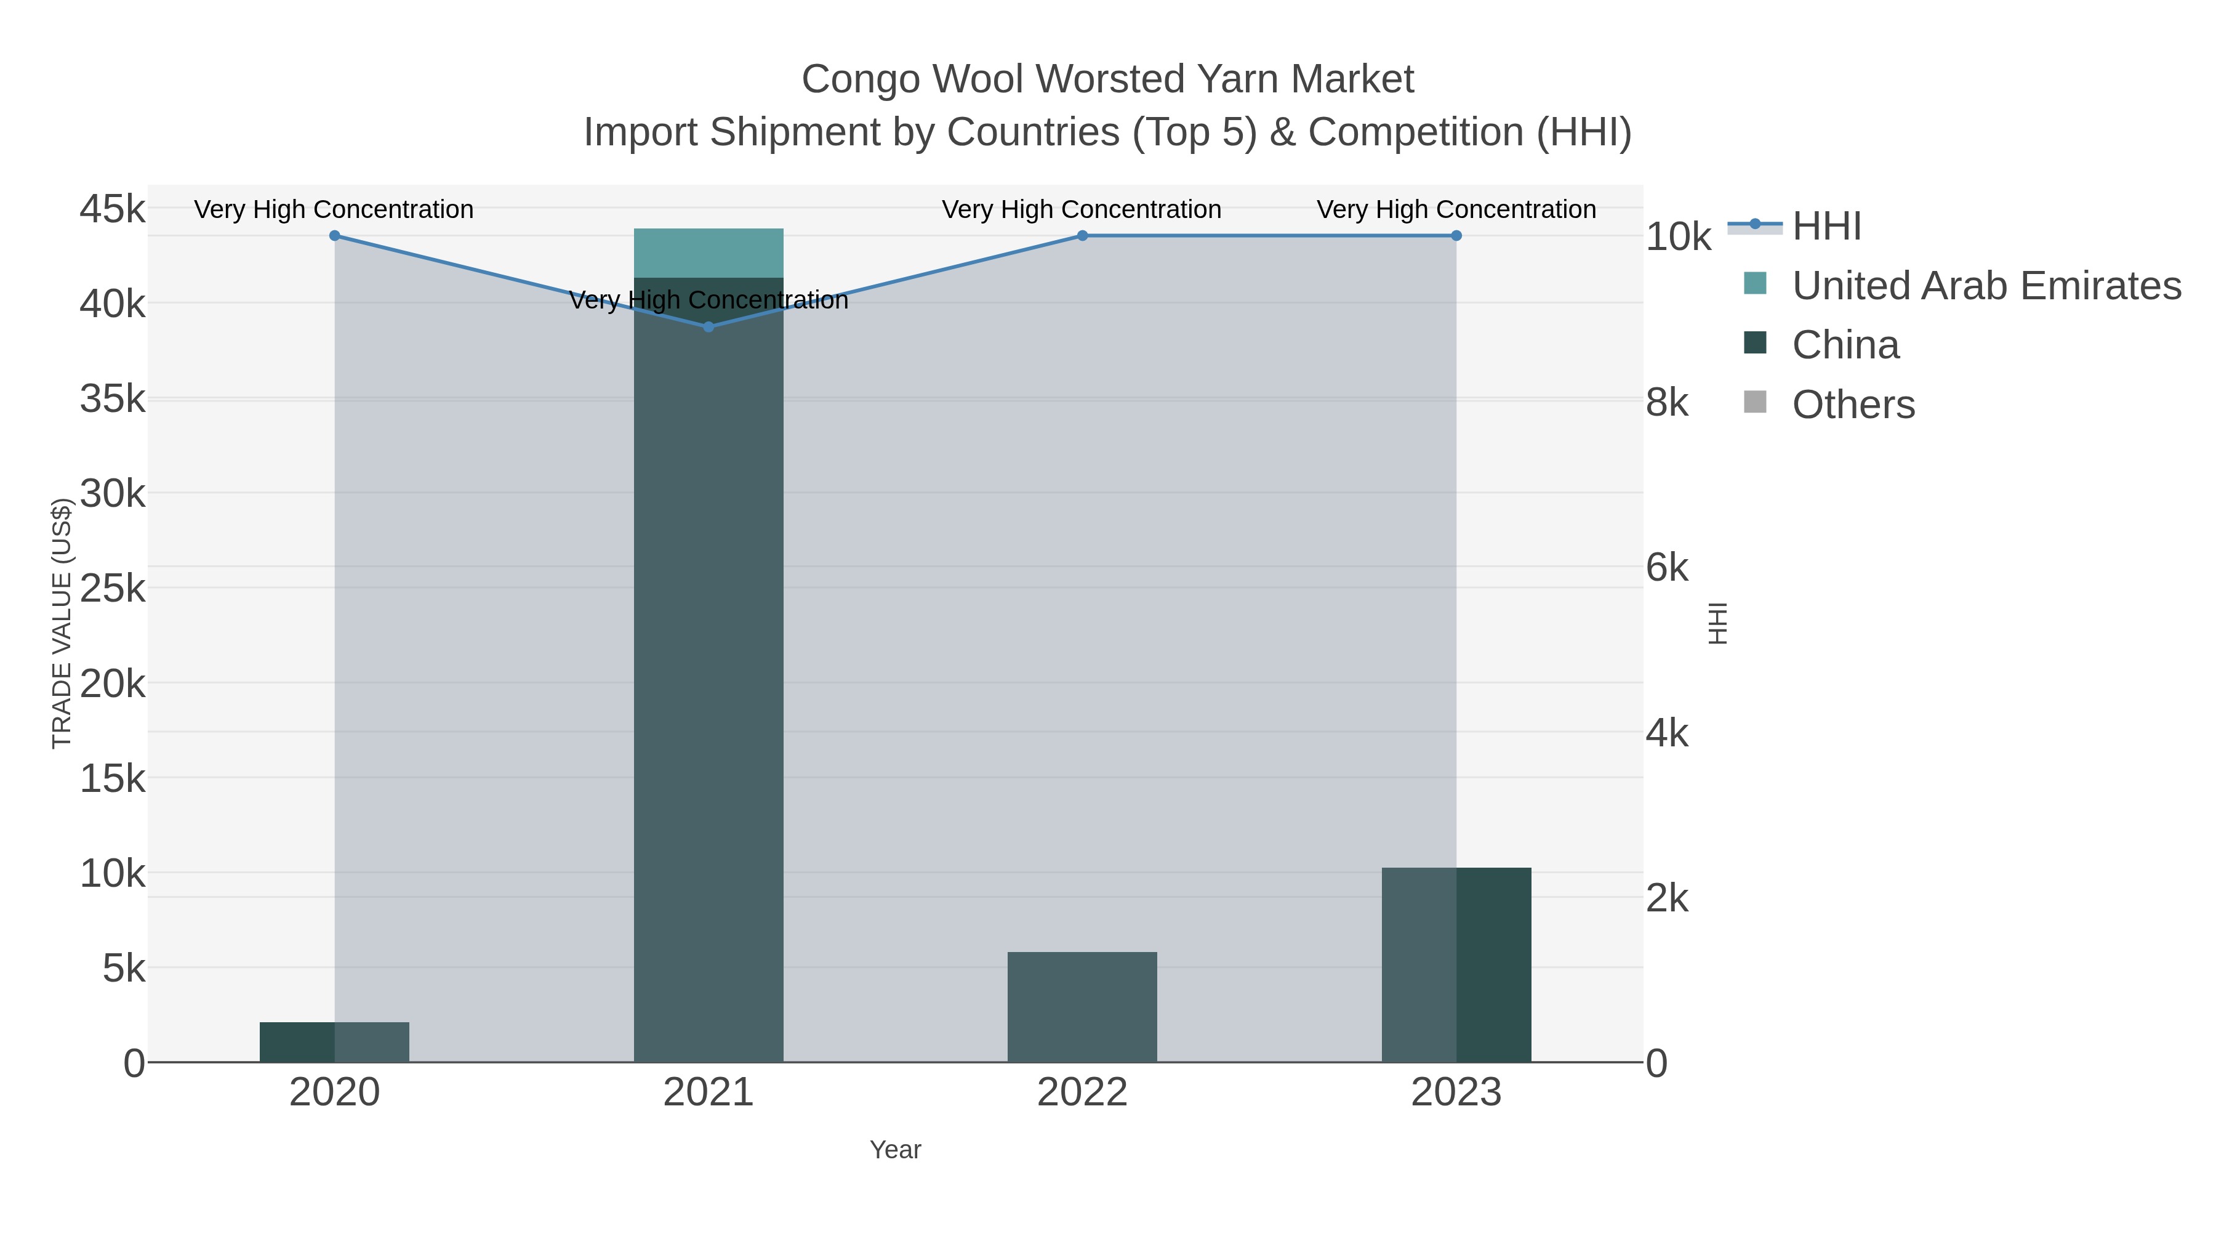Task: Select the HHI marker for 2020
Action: click(335, 236)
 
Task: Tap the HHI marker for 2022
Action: click(1082, 236)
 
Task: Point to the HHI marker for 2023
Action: click(1456, 236)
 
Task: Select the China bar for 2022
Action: click(1082, 1006)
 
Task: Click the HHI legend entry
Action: click(1826, 227)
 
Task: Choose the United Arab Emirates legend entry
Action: click(1985, 286)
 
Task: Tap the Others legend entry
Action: click(1853, 405)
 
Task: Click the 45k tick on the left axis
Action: click(113, 209)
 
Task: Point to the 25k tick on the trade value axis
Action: click(113, 589)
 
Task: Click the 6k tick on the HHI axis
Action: click(1667, 568)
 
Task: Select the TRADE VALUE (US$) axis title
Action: click(62, 623)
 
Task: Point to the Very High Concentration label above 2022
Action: click(1082, 209)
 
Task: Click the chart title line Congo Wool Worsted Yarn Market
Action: click(1107, 79)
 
